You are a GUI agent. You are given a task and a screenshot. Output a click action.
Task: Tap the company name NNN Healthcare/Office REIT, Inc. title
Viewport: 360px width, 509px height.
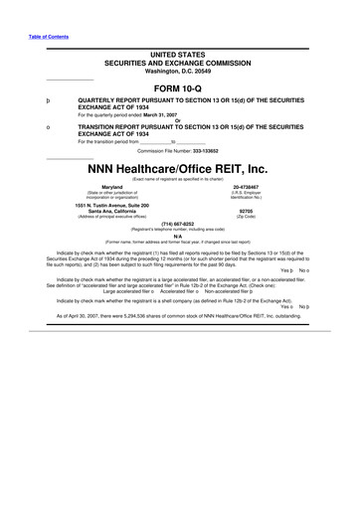179,168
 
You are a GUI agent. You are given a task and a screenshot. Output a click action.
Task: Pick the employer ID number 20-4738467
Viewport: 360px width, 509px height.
246,186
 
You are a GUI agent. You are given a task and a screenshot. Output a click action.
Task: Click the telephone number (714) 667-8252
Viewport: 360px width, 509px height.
179,224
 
